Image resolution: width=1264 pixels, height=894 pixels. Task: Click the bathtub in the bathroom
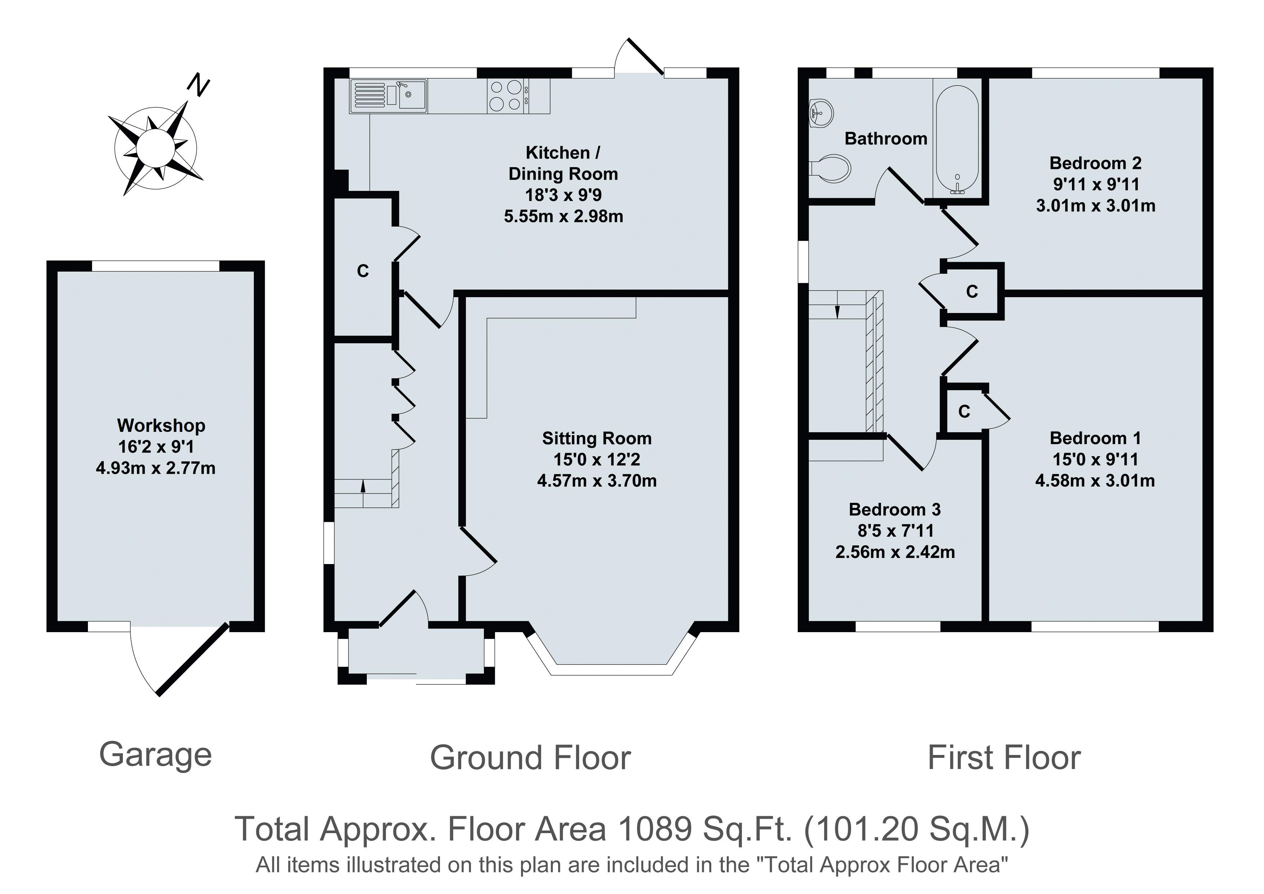[x=958, y=140]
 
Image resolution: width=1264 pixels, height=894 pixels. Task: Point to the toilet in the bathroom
[x=830, y=167]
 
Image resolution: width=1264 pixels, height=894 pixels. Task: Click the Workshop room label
[x=161, y=425]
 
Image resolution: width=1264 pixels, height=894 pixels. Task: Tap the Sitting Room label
[x=597, y=438]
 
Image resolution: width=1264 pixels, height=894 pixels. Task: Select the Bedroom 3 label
[x=895, y=510]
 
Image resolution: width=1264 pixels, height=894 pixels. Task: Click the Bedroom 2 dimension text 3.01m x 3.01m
[x=1095, y=206]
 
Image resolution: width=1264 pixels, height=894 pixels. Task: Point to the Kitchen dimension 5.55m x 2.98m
[x=563, y=216]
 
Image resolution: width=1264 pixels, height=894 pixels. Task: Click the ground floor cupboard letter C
[x=363, y=271]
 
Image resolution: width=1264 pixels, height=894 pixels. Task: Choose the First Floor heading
[x=1004, y=758]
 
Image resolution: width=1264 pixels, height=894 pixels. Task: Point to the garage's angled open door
[x=193, y=660]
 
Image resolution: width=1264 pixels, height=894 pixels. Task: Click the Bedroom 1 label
[x=1095, y=438]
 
